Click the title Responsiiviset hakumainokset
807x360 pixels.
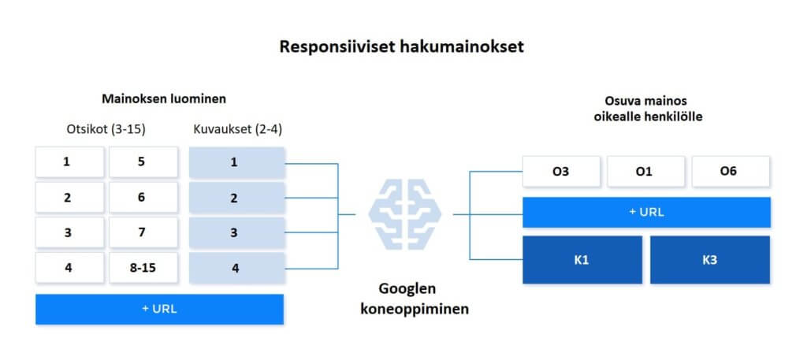401,46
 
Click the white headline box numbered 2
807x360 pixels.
69,198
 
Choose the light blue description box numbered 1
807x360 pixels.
236,162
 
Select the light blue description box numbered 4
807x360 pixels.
236,267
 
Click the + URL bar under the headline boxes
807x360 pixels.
159,309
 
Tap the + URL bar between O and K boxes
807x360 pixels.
646,212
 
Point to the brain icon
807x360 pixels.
404,214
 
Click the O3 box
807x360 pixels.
561,171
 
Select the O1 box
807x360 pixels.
646,171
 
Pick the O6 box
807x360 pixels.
731,171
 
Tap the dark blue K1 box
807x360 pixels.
582,260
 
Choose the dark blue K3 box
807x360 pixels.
710,260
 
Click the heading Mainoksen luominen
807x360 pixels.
164,98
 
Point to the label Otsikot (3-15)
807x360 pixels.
106,130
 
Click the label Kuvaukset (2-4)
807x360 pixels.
238,130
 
